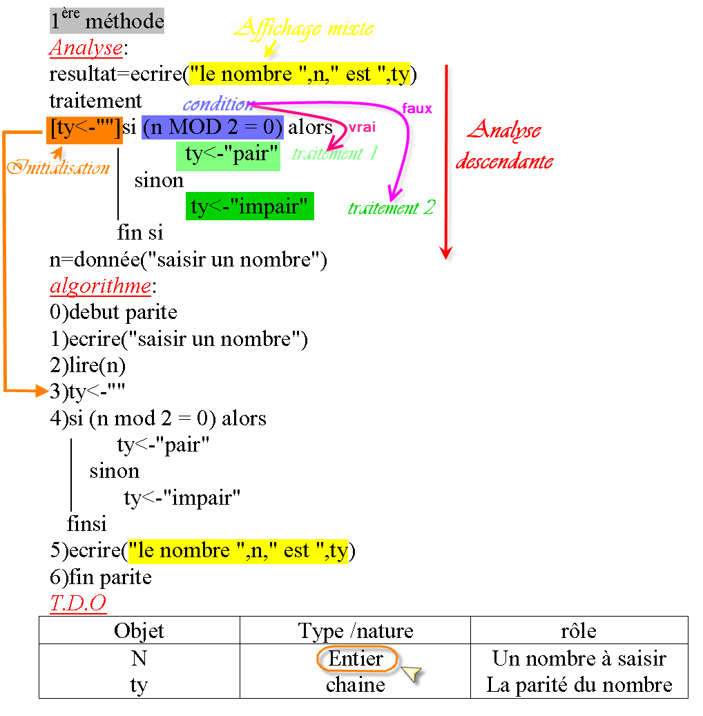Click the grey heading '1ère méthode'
click(107, 21)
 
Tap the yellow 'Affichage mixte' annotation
click(304, 28)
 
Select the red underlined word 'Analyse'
click(86, 48)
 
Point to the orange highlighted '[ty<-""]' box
click(84, 129)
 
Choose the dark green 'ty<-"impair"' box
click(249, 206)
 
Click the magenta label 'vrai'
click(362, 128)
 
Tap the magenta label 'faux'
click(416, 108)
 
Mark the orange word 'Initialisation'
click(59, 168)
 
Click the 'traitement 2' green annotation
click(392, 208)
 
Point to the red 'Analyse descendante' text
click(504, 145)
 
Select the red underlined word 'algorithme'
click(100, 286)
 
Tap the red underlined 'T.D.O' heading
click(78, 603)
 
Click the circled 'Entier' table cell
click(356, 659)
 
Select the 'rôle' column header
click(579, 630)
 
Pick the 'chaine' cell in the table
click(356, 685)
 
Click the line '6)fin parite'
click(100, 577)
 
